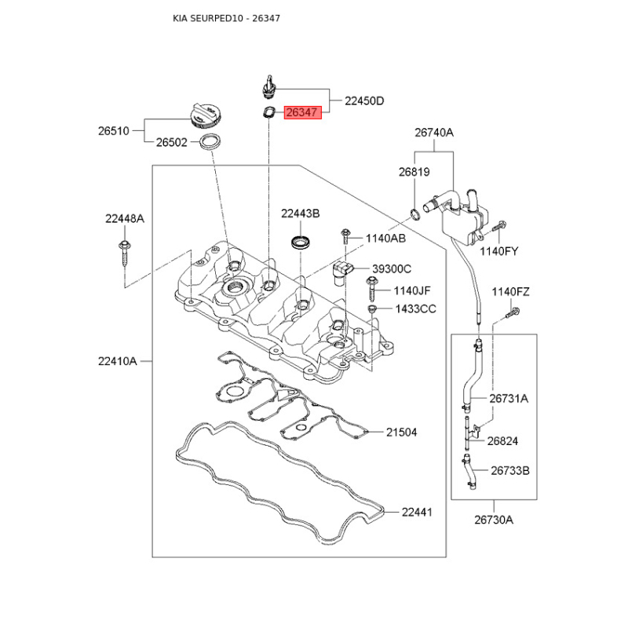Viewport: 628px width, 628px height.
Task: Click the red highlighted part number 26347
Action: point(302,113)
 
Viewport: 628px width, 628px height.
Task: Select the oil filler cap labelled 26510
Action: point(206,116)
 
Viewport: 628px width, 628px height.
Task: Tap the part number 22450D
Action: point(364,101)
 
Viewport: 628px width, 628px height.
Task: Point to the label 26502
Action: point(171,143)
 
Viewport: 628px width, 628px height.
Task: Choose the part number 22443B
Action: point(301,214)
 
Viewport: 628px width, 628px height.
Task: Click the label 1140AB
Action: point(387,238)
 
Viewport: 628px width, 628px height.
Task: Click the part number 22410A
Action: point(118,361)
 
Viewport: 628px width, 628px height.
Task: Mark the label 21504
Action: point(401,433)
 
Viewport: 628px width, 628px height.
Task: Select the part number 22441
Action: point(417,513)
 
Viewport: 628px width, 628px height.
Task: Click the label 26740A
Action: point(434,133)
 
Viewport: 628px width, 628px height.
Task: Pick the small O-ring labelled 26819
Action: point(414,212)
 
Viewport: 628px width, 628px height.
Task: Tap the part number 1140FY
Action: point(500,251)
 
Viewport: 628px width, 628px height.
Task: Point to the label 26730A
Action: point(493,520)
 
